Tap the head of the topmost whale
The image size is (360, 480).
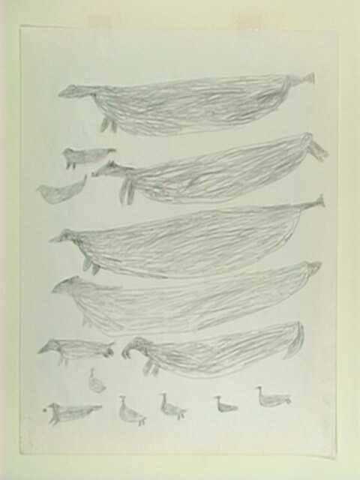click(x=71, y=91)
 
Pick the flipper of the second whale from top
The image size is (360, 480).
click(x=128, y=191)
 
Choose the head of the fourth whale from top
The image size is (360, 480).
click(x=66, y=285)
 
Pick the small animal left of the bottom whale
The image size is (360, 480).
click(x=75, y=349)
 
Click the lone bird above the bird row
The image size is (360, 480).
click(x=96, y=383)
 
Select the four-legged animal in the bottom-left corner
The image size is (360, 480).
click(x=71, y=412)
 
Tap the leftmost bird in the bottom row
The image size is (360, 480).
click(x=130, y=412)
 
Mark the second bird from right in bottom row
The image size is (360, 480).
click(x=224, y=405)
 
